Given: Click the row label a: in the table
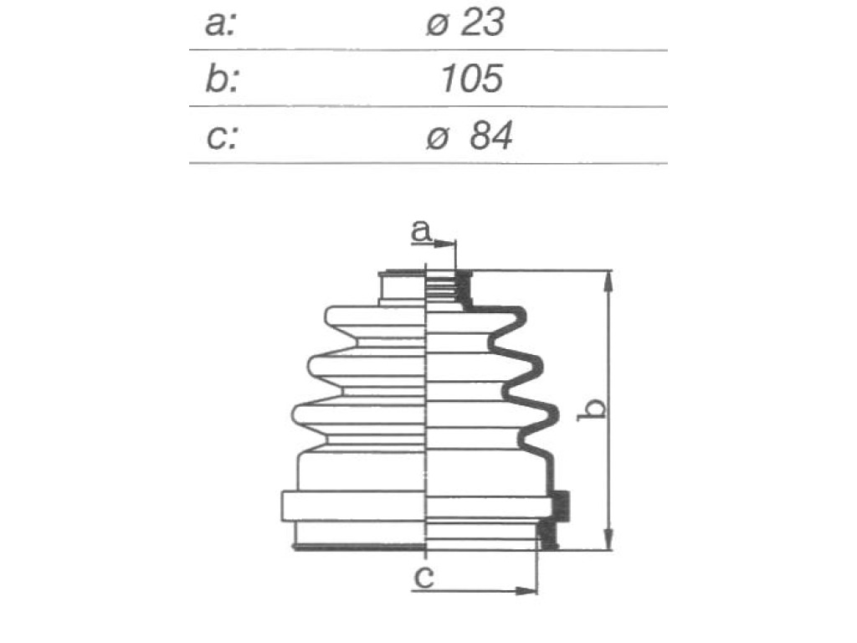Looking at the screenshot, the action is [220, 24].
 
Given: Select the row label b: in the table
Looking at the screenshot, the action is [221, 79].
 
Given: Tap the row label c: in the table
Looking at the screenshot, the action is [221, 136].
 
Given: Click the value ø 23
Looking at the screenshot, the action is [465, 23].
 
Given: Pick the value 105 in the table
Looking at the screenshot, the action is [472, 78].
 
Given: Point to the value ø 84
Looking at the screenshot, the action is [469, 136].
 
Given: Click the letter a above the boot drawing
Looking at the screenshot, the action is [421, 231].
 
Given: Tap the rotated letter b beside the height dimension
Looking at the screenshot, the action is [592, 409].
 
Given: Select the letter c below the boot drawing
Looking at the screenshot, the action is [424, 577].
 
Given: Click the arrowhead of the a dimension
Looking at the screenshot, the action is [445, 244].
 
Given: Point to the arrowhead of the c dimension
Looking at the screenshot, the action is [527, 591].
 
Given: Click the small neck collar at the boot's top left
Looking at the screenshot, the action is [402, 287].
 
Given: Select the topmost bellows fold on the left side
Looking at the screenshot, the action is [375, 316].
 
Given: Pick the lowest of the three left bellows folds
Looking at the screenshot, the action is [359, 415].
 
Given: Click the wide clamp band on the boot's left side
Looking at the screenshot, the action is [354, 506].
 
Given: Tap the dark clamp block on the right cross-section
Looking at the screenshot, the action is [560, 505].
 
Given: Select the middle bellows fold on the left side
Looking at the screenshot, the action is [367, 366].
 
